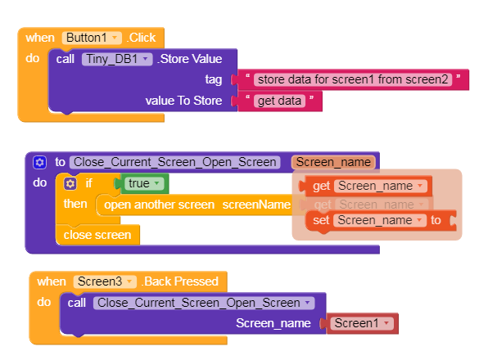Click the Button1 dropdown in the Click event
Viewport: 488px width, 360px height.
tap(92, 38)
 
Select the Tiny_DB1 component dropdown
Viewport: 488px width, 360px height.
tap(117, 59)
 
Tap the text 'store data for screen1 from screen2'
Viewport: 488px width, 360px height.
tap(353, 79)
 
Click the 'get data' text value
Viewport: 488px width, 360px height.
tap(279, 101)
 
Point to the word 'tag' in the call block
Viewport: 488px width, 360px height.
tap(214, 79)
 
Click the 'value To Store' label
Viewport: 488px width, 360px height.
tap(183, 101)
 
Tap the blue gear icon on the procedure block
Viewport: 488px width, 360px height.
tap(39, 162)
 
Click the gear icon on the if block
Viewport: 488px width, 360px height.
tap(70, 183)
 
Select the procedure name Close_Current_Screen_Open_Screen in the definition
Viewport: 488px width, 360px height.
tap(175, 162)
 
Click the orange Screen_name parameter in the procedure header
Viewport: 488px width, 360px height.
tap(333, 162)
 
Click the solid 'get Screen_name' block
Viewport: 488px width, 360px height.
tap(365, 186)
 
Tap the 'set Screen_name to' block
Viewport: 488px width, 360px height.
tap(381, 220)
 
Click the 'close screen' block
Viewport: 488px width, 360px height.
tap(97, 235)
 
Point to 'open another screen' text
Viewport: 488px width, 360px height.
tap(160, 205)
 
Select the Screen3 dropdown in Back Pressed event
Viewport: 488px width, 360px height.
tap(105, 281)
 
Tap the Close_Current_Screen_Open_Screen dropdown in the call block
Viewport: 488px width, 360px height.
tap(204, 303)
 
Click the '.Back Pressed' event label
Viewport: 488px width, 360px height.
tap(180, 281)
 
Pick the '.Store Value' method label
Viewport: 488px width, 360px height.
tap(190, 59)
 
